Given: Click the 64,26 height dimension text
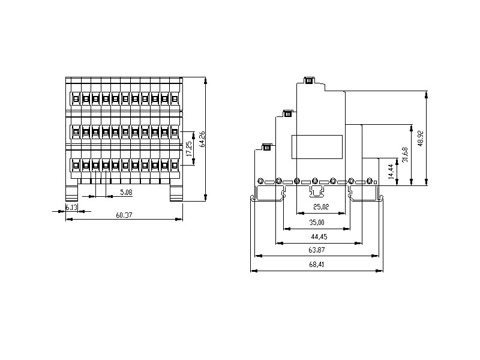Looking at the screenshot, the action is coord(202,139).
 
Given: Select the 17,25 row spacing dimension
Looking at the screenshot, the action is coord(190,149).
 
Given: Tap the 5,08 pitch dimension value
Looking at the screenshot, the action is coord(126,192).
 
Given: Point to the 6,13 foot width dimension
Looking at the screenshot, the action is coord(71,207).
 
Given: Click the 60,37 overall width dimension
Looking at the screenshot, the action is coord(124,215).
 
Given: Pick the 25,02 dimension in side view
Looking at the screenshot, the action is coord(321,206).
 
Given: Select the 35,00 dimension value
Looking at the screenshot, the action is coord(317,222).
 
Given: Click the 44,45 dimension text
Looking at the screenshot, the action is coord(319,236).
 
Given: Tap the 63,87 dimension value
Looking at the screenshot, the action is coord(317,250).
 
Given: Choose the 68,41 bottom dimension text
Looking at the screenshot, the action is coord(317,264).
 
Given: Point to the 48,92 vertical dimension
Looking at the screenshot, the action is coord(421,139).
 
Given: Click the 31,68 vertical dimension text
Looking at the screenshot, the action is coord(406,155).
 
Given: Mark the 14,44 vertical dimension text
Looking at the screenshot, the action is coord(391,172).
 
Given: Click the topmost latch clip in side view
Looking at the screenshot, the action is coord(309,80).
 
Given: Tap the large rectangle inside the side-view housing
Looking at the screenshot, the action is coord(317,147).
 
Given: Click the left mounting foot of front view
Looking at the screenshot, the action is coord(71,193).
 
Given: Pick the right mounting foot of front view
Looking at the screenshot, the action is coord(176,193).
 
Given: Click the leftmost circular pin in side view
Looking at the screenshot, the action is coord(260,181).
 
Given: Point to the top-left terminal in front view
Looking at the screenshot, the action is coord(76,98).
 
